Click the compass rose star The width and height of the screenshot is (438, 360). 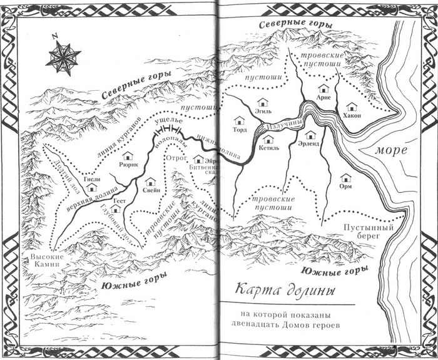(62, 56)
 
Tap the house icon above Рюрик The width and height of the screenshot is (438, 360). (128, 156)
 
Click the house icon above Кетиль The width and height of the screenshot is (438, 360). (263, 140)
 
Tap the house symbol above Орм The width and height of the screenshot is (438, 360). (344, 177)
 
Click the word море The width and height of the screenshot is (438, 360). (392, 150)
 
